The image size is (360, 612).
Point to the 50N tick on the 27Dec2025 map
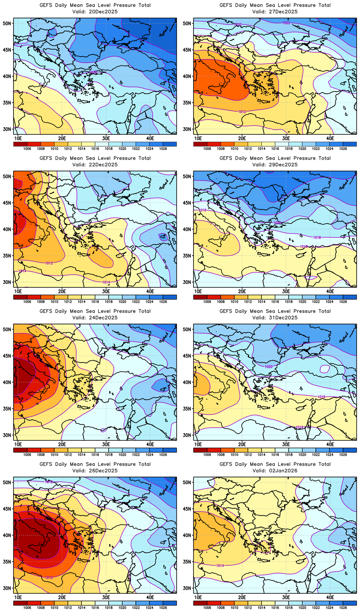click(187, 23)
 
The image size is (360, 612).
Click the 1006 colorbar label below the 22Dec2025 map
click(27, 302)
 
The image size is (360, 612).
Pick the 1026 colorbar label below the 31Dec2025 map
click(343, 455)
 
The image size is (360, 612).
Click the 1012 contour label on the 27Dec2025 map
click(242, 112)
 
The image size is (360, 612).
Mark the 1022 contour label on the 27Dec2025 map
click(286, 23)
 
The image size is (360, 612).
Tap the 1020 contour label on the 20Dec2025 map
click(93, 72)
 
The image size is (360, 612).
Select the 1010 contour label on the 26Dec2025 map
click(49, 577)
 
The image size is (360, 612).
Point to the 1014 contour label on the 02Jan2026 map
click(220, 566)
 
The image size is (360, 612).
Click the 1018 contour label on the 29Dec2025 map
click(317, 237)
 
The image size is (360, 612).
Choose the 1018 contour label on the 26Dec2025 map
click(49, 482)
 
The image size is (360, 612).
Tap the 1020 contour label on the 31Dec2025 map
click(268, 367)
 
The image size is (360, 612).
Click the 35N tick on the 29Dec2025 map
click(187, 256)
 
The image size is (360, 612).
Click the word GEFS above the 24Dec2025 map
click(46, 311)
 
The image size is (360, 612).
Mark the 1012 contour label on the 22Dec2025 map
click(49, 263)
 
